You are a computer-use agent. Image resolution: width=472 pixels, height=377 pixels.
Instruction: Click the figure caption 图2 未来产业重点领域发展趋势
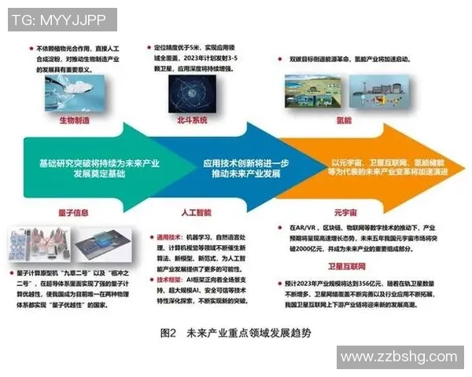(235, 333)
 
